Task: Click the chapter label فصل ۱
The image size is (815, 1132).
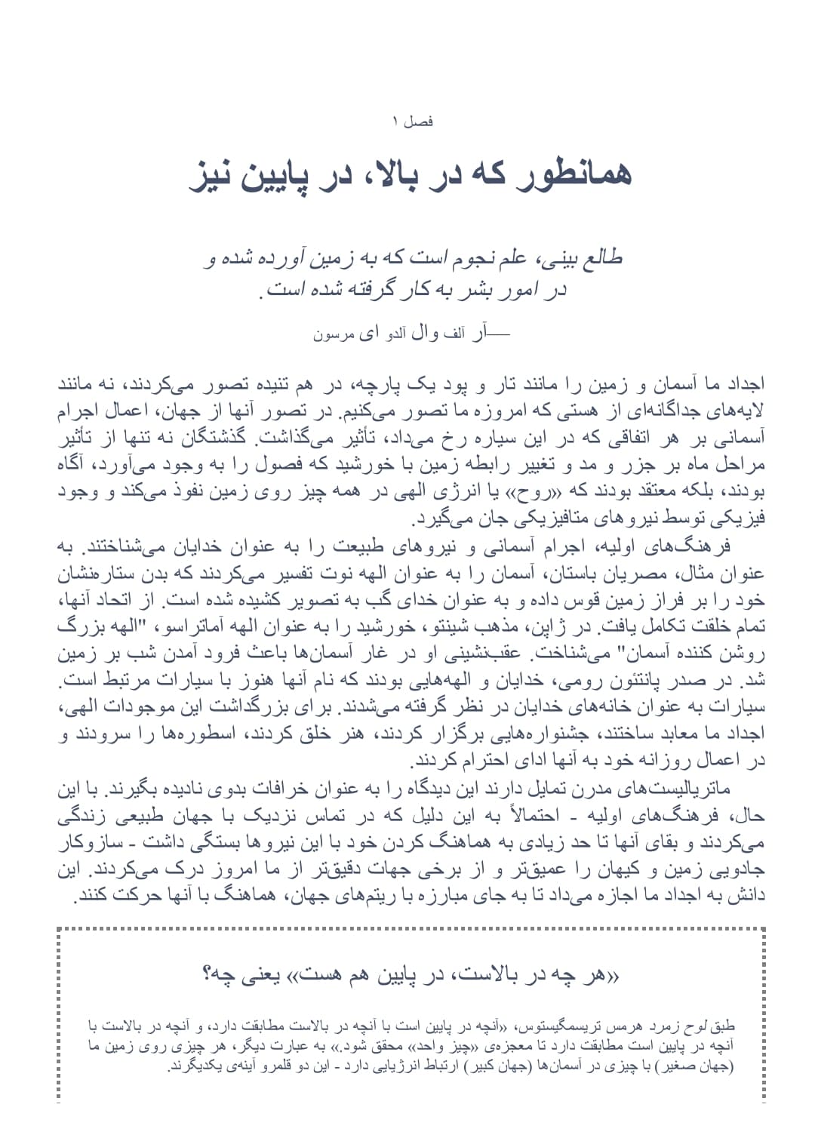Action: click(412, 121)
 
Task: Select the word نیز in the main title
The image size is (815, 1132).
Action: click(215, 175)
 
